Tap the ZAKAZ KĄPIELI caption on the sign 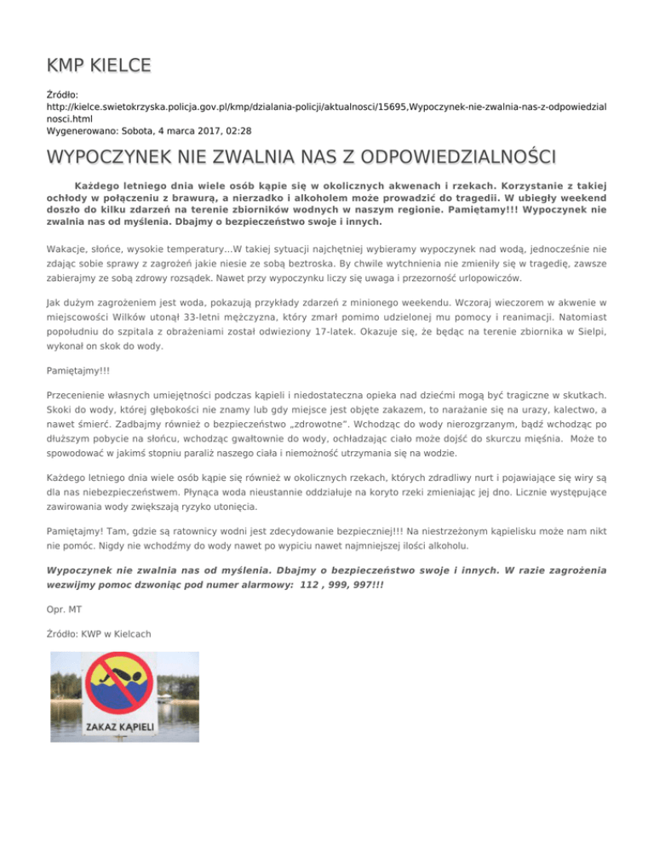coord(124,726)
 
